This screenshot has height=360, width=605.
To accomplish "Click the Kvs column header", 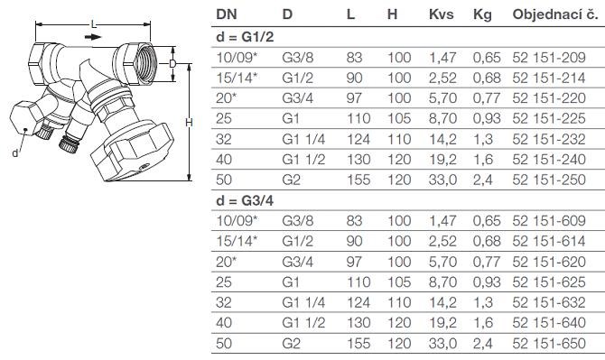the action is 441,14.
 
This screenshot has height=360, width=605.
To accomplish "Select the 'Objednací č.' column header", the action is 555,15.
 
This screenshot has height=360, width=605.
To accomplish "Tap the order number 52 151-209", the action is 549,58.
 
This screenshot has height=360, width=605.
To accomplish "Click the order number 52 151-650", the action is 549,344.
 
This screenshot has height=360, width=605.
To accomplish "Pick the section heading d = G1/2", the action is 245,37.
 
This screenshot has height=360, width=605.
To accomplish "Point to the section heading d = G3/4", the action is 245,200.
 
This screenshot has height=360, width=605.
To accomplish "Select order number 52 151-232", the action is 549,139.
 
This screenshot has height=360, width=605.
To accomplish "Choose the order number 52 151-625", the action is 549,282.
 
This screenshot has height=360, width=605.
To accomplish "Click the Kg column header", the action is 482,15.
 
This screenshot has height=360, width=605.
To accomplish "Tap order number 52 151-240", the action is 549,160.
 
